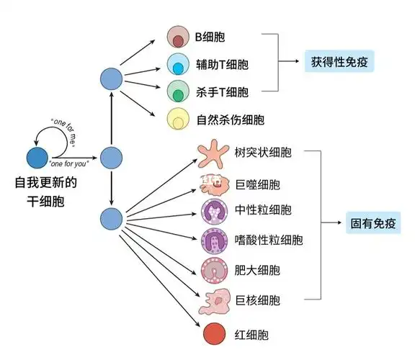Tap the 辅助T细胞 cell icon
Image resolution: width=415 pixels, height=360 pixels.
[177, 64]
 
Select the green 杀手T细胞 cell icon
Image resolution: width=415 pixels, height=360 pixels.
[177, 91]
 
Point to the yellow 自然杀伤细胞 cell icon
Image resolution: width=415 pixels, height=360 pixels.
[177, 119]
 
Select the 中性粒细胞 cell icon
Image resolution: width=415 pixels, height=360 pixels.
[215, 211]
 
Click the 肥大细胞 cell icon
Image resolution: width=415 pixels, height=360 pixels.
[215, 269]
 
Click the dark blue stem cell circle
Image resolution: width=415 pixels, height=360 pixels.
[37, 157]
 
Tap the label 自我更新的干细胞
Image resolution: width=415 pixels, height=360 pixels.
[45, 192]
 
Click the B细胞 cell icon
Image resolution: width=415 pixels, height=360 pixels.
[177, 37]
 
